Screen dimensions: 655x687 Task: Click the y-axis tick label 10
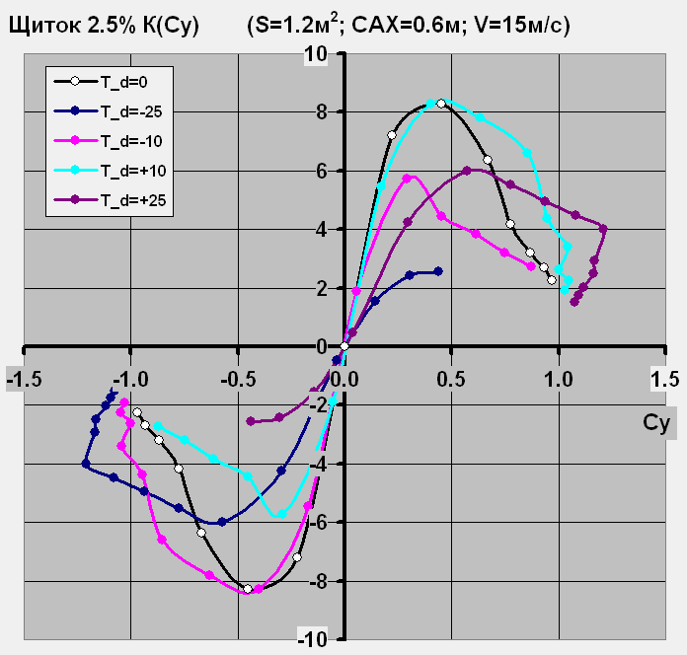316,52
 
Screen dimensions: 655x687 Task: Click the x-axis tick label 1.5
665,378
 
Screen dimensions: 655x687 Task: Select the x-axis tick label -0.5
235,378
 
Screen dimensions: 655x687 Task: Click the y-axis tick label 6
322,170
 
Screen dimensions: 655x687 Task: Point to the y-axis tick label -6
318,522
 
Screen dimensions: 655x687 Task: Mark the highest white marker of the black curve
441,103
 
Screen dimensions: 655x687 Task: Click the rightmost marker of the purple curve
603,229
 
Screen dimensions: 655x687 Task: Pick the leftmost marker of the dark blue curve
86,463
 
